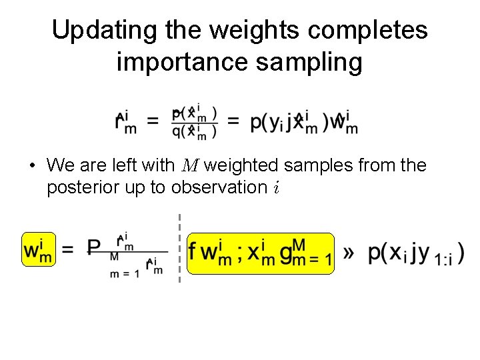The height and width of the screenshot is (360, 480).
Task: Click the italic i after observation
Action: coord(275,188)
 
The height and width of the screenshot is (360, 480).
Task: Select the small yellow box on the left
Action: coord(38,250)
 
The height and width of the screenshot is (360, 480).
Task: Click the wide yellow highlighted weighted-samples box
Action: coord(260,253)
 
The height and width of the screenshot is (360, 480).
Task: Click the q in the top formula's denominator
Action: coord(177,131)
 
